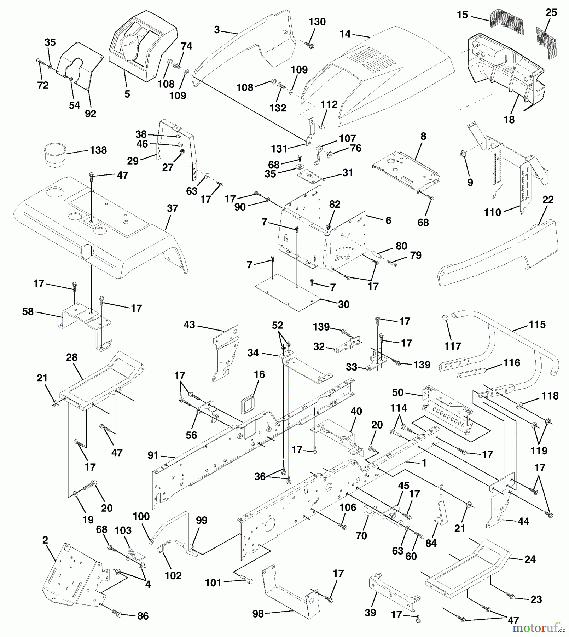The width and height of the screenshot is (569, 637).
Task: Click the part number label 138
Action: click(x=98, y=150)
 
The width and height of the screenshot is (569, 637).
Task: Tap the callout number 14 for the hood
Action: click(x=345, y=34)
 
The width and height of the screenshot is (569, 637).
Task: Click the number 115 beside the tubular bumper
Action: click(x=537, y=324)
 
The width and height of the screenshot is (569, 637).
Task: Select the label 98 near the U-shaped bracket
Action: click(x=258, y=614)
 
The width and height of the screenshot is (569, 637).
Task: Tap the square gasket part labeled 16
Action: click(x=248, y=404)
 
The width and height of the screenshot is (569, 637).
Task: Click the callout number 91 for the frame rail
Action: click(x=153, y=455)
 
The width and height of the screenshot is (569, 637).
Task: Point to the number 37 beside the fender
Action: click(x=172, y=208)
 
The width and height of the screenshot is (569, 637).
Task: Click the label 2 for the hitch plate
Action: click(x=45, y=540)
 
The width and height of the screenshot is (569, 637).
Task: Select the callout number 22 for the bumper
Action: click(x=548, y=199)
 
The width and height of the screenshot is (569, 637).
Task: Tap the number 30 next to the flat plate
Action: click(x=343, y=304)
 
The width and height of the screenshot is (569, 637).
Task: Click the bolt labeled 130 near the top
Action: click(x=310, y=45)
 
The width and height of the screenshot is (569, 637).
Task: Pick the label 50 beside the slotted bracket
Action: click(x=398, y=392)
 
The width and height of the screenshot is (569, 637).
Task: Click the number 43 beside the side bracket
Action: click(x=189, y=325)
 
